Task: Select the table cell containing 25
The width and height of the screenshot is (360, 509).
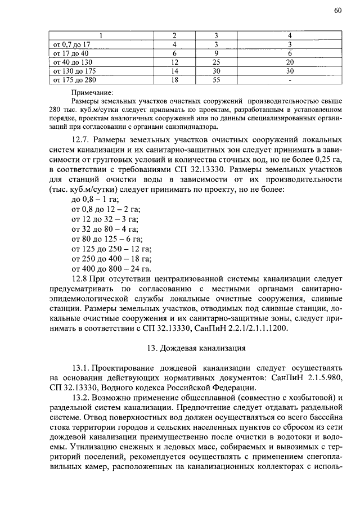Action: tap(216, 61)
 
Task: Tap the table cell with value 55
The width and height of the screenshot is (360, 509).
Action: tap(216, 79)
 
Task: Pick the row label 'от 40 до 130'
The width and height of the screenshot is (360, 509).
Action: tap(73, 61)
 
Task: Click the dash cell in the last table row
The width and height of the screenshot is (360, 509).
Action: tap(289, 79)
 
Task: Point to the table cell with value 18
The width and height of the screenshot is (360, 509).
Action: tap(174, 79)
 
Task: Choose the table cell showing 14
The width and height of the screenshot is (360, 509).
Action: tap(174, 70)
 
